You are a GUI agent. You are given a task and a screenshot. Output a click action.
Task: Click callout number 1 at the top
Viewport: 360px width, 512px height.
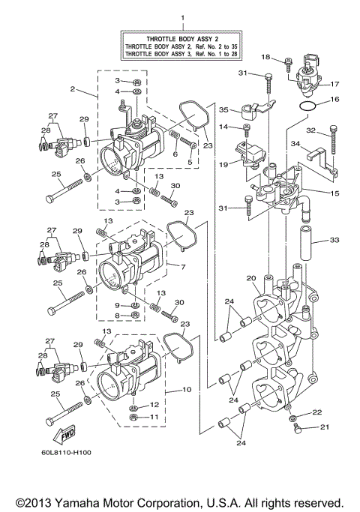coord(181,16)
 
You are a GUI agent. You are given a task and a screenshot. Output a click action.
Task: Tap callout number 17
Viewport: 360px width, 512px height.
coord(335,84)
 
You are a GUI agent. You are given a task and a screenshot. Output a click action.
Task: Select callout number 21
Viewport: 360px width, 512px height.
coord(325,427)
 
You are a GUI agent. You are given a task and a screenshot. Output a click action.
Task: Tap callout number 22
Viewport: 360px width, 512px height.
coord(317,412)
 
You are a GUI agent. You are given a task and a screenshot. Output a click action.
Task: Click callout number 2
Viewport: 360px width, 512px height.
coord(73,89)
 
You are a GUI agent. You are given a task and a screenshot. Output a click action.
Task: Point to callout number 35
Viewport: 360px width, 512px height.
coord(223,109)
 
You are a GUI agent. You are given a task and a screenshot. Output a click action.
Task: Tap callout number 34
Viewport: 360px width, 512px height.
coord(296,144)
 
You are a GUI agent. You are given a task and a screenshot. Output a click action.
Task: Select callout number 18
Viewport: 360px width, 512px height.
coord(265,57)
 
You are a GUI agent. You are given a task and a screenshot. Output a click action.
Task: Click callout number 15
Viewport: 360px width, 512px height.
coord(335,193)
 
